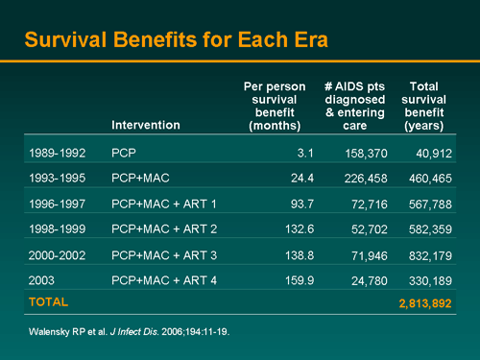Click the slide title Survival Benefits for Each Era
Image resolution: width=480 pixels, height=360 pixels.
click(x=176, y=40)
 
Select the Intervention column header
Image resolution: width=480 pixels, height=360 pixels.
click(x=145, y=125)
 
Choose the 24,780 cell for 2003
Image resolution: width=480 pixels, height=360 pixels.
click(x=368, y=279)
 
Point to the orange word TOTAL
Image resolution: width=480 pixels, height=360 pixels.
click(x=48, y=301)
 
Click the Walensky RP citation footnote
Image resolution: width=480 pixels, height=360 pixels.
click(x=127, y=331)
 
